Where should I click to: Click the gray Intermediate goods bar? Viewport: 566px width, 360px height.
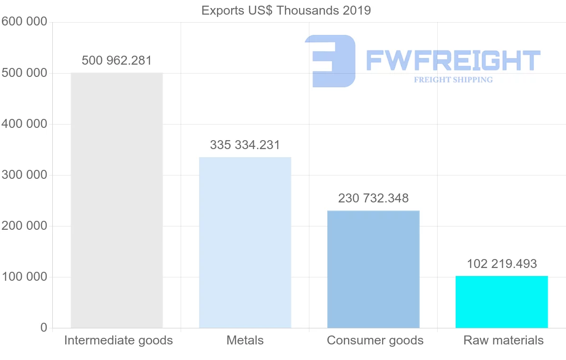[117, 200]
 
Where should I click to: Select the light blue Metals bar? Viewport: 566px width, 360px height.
[245, 243]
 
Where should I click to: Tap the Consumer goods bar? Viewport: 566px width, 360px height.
[373, 269]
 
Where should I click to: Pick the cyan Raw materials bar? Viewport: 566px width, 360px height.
[501, 302]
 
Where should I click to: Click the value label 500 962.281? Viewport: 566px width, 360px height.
[117, 61]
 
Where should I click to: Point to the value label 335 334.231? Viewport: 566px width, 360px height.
[245, 145]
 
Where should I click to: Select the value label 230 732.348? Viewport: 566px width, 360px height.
[373, 198]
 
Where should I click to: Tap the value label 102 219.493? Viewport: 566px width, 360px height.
[502, 264]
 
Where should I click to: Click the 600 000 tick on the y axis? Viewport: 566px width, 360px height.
[24, 22]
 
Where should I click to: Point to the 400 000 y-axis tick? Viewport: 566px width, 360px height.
[24, 124]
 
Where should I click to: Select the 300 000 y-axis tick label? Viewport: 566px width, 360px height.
[24, 175]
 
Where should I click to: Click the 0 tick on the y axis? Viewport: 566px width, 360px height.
[43, 328]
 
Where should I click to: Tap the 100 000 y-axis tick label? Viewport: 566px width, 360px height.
[24, 277]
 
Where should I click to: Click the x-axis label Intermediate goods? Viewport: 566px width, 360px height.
[118, 340]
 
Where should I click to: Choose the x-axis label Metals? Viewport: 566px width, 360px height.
[245, 340]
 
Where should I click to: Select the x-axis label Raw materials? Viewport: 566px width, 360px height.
[503, 340]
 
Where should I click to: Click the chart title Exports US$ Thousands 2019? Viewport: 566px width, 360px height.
[286, 10]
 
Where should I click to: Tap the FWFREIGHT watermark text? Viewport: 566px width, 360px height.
[453, 61]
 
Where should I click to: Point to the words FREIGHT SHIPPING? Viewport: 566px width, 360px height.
[453, 80]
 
